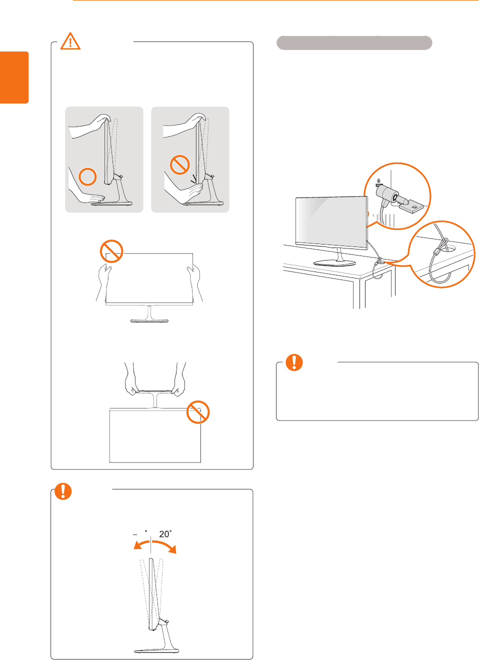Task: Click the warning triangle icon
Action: pos(70,41)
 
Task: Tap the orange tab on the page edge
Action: pos(14,77)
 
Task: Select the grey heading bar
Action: pos(354,43)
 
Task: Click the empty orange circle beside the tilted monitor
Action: pos(88,176)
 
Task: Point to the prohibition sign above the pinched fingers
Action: pos(179,164)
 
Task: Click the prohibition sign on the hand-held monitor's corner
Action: pos(111,251)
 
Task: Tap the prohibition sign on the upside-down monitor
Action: pos(198,412)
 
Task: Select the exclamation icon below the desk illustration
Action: pos(294,362)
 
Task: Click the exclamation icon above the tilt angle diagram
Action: pos(63,491)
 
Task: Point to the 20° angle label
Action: pos(165,534)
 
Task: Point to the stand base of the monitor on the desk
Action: pos(334,262)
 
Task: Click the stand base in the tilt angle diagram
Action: pos(156,650)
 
